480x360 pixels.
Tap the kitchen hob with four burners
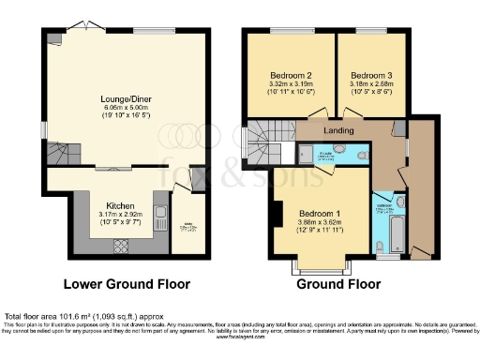tap(121, 247)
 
